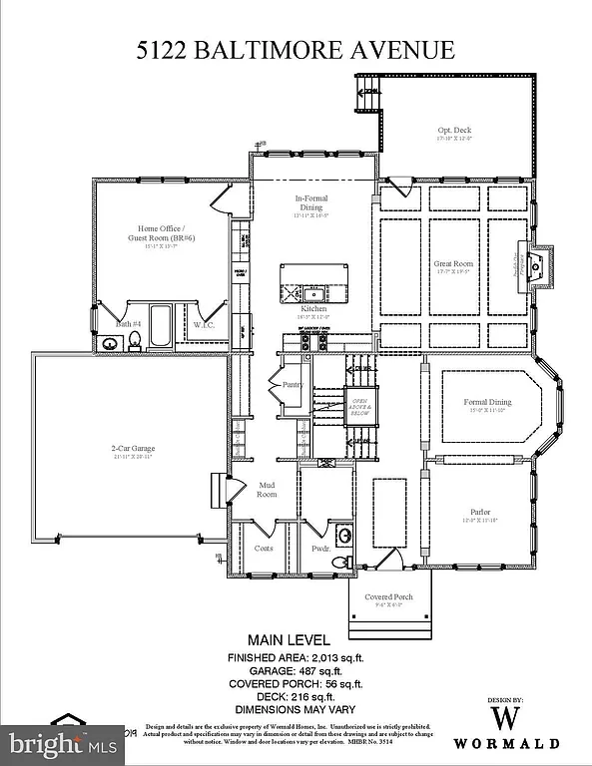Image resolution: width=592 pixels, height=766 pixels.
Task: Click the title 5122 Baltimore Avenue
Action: click(x=296, y=50)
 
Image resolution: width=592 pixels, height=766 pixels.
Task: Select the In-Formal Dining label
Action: click(x=311, y=203)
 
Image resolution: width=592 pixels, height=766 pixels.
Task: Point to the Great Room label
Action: click(x=452, y=264)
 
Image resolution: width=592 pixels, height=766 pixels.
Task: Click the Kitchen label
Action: click(x=314, y=309)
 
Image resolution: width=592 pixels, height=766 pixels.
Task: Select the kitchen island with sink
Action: click(x=312, y=282)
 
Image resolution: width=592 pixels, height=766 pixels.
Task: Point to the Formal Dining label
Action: click(x=487, y=403)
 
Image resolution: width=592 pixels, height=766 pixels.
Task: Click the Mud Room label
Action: click(x=267, y=489)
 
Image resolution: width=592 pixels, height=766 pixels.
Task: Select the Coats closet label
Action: click(x=264, y=548)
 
